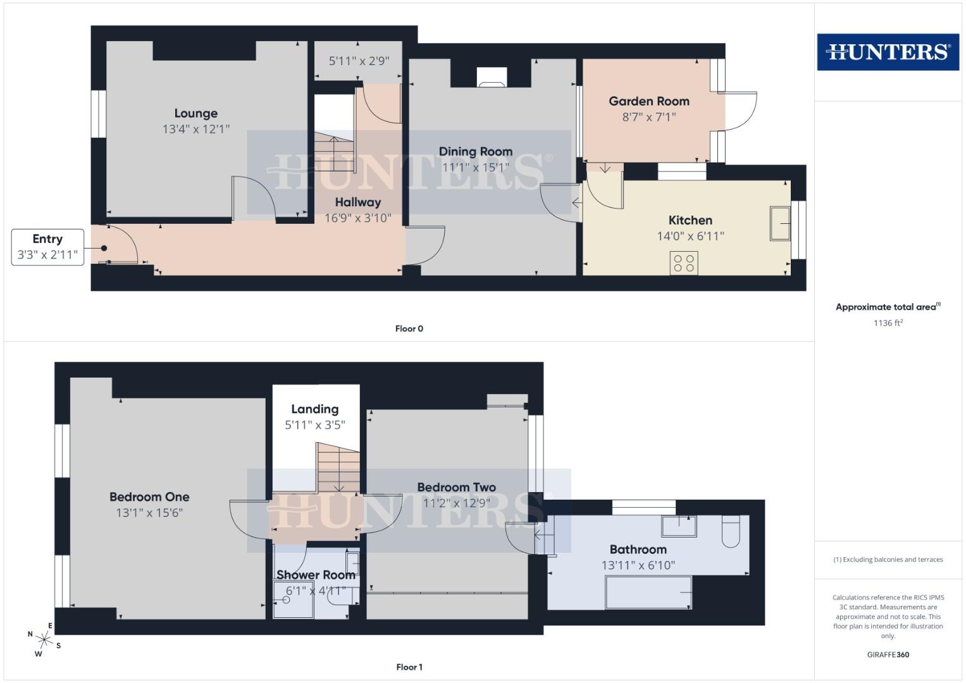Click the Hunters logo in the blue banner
point(888,52)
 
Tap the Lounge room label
point(196,113)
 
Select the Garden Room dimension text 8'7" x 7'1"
point(649,117)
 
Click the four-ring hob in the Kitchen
point(684,263)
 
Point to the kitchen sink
point(780,223)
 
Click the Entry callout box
point(47,247)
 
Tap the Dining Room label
point(475,151)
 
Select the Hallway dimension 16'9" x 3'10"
point(358,218)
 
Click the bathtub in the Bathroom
point(648,592)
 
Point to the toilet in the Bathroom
point(731,531)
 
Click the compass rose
point(44,639)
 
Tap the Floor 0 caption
point(409,328)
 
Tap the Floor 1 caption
point(409,667)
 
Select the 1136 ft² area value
point(888,323)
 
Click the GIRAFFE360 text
point(888,655)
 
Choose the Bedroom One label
point(149,497)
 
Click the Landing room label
point(314,409)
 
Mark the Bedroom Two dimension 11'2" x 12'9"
point(456,503)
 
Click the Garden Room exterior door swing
point(740,111)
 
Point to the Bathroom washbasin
point(679,526)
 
